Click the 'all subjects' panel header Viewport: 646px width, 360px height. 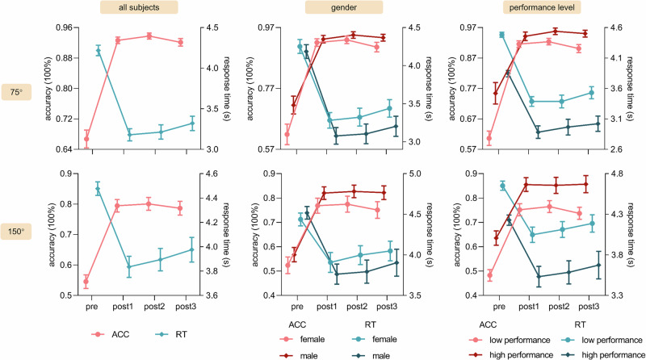point(149,7)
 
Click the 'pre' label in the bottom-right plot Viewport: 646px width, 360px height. point(500,308)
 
